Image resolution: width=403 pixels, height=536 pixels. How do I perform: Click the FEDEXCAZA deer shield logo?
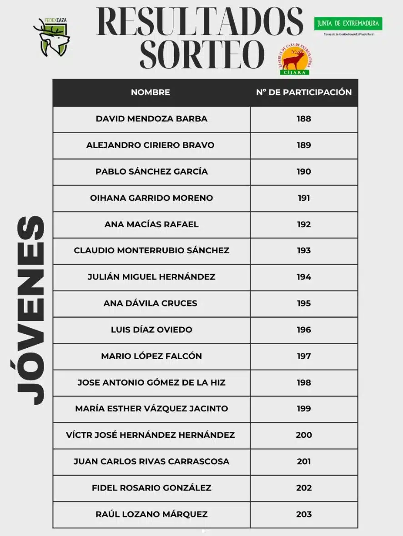click(x=52, y=37)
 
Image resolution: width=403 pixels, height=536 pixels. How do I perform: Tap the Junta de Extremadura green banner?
click(x=348, y=24)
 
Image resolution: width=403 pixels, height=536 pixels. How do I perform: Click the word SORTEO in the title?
click(x=202, y=54)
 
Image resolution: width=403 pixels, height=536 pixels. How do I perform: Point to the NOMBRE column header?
click(x=151, y=92)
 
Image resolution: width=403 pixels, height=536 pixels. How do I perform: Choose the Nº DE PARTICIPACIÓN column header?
click(x=304, y=92)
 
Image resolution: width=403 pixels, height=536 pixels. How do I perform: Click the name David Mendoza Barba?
click(x=151, y=119)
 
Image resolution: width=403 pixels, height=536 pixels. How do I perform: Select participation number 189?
click(x=304, y=145)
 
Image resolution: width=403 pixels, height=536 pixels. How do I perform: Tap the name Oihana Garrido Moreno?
click(x=151, y=198)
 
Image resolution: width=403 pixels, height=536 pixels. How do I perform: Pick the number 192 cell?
click(x=304, y=224)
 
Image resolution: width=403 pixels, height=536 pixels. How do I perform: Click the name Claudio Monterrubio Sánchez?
click(x=151, y=250)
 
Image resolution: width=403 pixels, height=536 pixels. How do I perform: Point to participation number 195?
click(x=304, y=303)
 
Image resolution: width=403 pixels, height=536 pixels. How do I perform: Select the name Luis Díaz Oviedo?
click(x=151, y=330)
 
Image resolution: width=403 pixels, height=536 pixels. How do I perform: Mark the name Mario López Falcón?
click(x=151, y=356)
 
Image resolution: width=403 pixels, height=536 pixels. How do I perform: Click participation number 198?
click(x=304, y=382)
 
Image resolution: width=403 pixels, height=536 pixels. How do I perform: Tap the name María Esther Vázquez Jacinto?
click(x=151, y=409)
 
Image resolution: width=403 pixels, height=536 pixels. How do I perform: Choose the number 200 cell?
click(x=304, y=435)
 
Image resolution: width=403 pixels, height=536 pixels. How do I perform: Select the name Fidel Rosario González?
click(x=151, y=488)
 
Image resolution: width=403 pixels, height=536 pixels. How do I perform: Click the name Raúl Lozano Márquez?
click(x=151, y=514)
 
